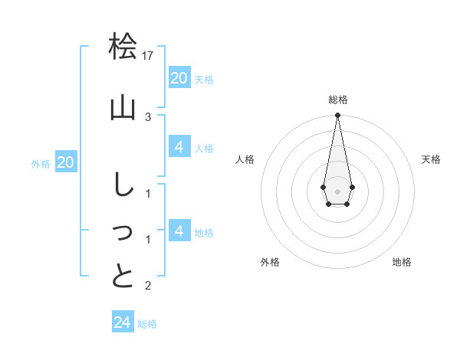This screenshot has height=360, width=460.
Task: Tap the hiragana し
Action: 123,186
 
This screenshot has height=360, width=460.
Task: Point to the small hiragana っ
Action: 123,234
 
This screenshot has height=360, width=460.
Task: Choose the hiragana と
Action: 123,276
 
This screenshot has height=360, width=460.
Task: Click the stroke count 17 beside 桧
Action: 149,55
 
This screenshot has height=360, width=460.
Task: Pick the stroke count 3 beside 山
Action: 148,116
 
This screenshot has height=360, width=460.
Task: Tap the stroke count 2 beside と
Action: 148,286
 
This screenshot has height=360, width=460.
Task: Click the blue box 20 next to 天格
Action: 179,77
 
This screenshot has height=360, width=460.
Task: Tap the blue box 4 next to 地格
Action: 179,231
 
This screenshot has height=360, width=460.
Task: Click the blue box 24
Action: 122,322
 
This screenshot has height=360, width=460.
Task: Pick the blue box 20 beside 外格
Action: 66,162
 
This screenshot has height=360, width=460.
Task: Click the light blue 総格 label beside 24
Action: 147,324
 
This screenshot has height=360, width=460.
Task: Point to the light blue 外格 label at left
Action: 41,163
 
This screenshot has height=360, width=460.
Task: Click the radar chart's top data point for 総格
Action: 337,116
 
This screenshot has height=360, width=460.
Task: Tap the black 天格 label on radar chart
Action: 431,159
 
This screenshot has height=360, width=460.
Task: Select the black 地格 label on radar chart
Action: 402,262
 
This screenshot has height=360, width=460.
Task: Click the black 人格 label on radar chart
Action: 245,159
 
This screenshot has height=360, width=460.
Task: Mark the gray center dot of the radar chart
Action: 337,190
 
